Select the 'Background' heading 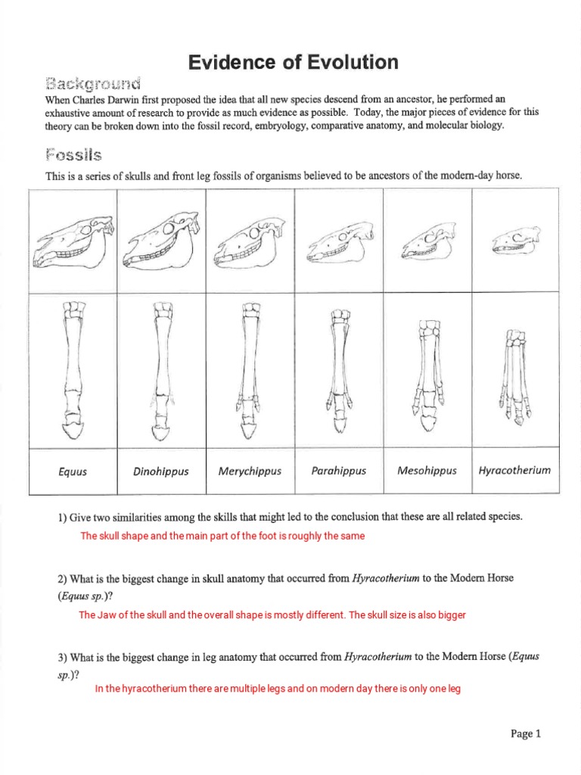click(x=93, y=82)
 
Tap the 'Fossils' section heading click(x=73, y=155)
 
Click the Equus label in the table click(x=73, y=472)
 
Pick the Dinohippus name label click(x=160, y=472)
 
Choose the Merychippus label click(x=250, y=471)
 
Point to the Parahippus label click(x=338, y=471)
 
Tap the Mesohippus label click(x=427, y=471)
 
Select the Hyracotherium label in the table click(x=514, y=470)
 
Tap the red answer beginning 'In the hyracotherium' click(x=277, y=689)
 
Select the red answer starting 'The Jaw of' click(x=272, y=615)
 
